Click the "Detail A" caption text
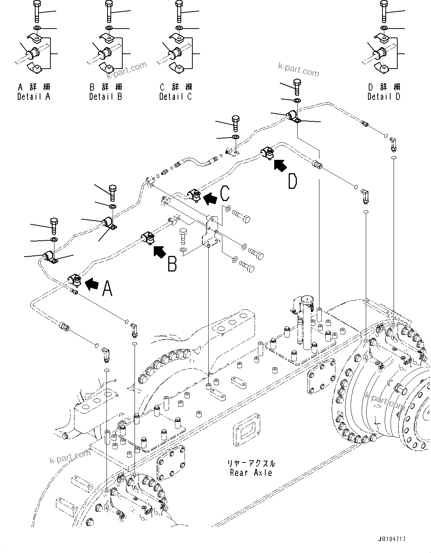pos(34,96)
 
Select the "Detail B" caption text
pos(105,96)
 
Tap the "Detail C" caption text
pos(176,96)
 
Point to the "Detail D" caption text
pos(384,96)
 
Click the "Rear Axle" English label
pos(251,473)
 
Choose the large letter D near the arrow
pos(292,181)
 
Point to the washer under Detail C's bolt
pos(179,28)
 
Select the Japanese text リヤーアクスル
pos(251,463)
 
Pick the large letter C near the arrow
pos(225,193)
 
